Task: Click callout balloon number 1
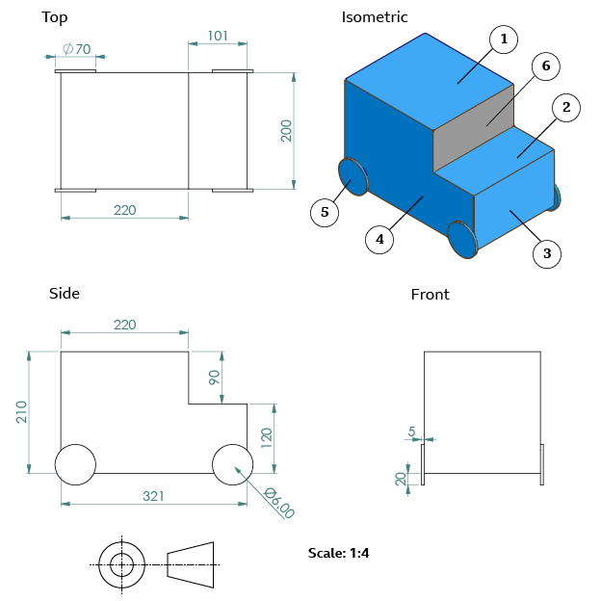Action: (503, 39)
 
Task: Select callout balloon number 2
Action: (566, 107)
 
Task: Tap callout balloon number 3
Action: (547, 253)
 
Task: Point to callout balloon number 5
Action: (326, 213)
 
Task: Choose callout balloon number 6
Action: (545, 66)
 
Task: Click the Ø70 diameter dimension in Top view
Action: (76, 49)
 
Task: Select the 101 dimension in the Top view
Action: (218, 37)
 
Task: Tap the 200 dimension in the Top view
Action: (286, 130)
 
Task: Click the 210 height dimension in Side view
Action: (22, 412)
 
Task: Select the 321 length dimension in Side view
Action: (154, 496)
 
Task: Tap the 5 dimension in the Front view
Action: (412, 431)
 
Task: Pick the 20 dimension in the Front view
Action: (401, 478)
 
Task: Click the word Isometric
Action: (375, 17)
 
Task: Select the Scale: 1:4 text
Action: (339, 553)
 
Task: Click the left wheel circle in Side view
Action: (75, 464)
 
